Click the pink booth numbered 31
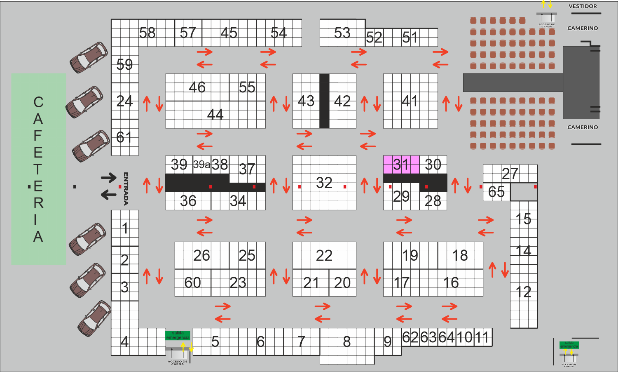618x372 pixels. pyautogui.click(x=401, y=165)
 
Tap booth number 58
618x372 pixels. pyautogui.click(x=147, y=33)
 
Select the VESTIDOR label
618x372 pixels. pyautogui.click(x=583, y=6)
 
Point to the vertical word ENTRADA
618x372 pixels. pyautogui.click(x=126, y=188)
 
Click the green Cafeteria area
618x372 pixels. pyautogui.click(x=38, y=169)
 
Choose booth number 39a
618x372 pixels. pyautogui.click(x=201, y=165)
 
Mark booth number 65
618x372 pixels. pyautogui.click(x=496, y=192)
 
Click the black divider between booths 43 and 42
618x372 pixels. pyautogui.click(x=324, y=101)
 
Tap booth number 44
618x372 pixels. pyautogui.click(x=215, y=114)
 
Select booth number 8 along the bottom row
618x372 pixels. pyautogui.click(x=347, y=342)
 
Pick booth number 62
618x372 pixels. pyautogui.click(x=410, y=337)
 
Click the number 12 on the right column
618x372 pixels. pyautogui.click(x=523, y=292)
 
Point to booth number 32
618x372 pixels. pyautogui.click(x=324, y=183)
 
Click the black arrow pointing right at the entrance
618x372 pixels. pyautogui.click(x=109, y=178)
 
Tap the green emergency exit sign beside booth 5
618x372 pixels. pyautogui.click(x=178, y=335)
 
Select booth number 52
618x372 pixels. pyautogui.click(x=374, y=38)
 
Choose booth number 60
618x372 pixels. pyautogui.click(x=192, y=283)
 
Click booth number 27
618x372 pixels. pyautogui.click(x=510, y=174)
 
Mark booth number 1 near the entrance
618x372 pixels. pyautogui.click(x=125, y=228)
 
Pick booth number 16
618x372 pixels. pyautogui.click(x=451, y=283)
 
